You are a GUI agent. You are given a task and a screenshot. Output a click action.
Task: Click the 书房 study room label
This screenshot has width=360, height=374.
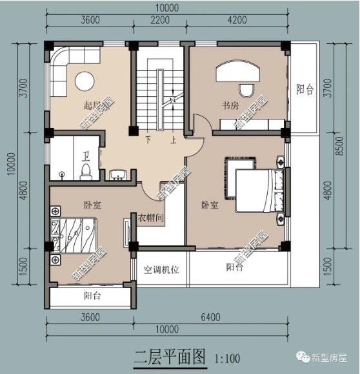click(231, 105)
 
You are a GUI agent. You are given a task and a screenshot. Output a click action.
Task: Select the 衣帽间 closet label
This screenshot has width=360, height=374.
click(150, 218)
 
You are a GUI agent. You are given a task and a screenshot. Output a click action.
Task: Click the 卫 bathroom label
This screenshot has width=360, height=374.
click(86, 155)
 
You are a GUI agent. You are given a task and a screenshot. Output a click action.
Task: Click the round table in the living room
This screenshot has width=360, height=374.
click(85, 80)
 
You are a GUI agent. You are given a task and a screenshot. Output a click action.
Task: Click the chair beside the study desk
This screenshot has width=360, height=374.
click(245, 89)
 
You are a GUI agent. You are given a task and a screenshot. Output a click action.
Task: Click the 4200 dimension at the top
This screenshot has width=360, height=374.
click(237, 20)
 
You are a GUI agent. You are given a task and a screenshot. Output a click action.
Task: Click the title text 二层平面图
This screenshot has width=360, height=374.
click(169, 356)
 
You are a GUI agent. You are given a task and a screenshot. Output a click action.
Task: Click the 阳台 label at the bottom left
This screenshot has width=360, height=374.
click(92, 296)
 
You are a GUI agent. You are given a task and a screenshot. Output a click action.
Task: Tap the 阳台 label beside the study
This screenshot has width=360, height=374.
click(305, 90)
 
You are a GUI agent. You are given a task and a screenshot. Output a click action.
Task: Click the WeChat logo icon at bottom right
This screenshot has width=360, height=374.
click(303, 357)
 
